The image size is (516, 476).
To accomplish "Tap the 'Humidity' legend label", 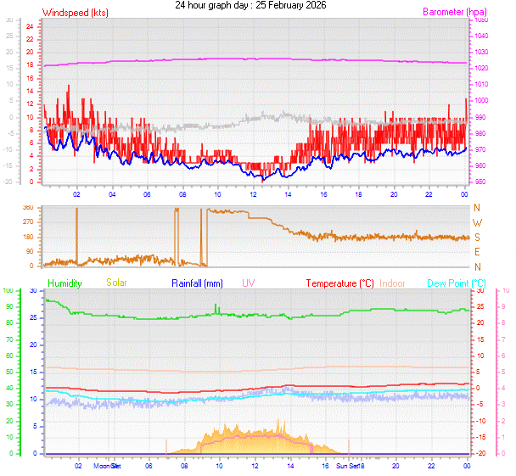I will coord(64,283).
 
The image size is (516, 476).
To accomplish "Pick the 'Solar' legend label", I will coord(116,283).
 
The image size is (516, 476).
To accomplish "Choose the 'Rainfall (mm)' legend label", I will coord(197,283).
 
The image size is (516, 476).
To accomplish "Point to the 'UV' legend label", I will coord(248,283).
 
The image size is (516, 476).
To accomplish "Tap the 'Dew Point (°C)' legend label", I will coord(456,283).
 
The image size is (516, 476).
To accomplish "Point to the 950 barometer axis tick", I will coord(481,182).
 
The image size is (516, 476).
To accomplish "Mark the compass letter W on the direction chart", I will coord(477,222).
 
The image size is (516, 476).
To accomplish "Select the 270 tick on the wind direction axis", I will coord(29,222).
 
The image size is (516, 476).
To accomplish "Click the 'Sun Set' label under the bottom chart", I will coord(350,466).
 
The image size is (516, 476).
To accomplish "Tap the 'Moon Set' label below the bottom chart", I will coord(108,466).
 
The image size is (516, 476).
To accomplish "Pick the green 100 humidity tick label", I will coord(8,290).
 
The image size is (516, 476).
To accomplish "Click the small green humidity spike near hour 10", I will coord(216,307).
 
